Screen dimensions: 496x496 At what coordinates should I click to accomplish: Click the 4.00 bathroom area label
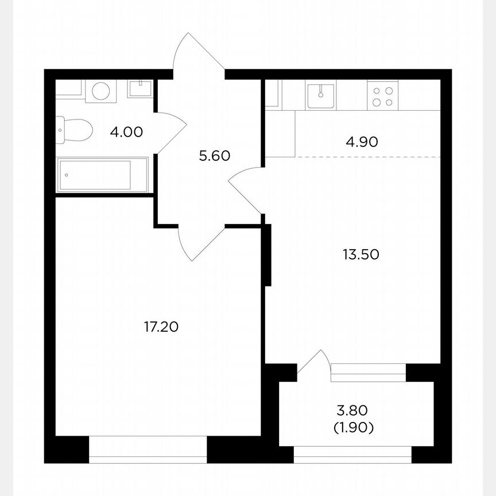coord(126,132)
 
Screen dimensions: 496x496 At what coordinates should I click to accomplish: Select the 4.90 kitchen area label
coord(362,142)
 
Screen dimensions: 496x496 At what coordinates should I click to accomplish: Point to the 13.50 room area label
coord(361,254)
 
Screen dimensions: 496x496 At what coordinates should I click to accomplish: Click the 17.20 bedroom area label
coord(161,327)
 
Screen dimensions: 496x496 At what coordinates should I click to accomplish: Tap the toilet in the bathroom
coord(74,130)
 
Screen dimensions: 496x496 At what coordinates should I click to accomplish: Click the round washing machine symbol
coord(101,91)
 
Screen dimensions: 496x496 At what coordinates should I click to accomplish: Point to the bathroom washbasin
coord(140,88)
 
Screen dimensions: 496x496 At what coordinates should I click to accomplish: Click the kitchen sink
coord(320,95)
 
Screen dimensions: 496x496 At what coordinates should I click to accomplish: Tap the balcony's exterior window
coord(352,454)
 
